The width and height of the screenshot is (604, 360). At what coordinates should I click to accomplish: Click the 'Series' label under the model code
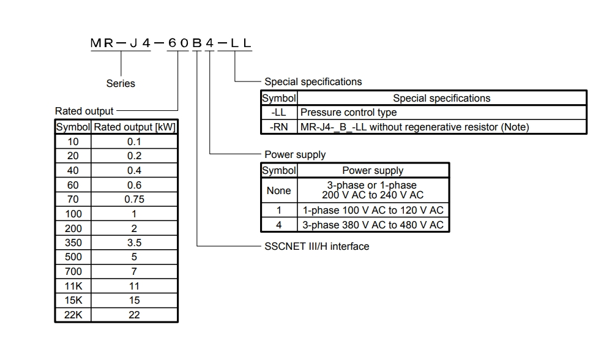(121, 83)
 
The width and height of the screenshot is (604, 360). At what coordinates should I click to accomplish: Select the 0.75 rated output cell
(134, 199)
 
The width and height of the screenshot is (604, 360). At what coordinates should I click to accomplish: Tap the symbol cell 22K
(73, 315)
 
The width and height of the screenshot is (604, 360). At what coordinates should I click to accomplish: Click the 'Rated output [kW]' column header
(135, 127)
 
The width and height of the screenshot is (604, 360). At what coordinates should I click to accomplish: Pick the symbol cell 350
(73, 242)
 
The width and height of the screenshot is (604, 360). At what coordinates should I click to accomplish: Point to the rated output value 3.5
(134, 242)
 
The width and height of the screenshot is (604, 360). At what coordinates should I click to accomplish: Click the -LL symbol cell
(279, 112)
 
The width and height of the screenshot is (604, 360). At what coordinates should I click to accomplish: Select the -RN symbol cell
(279, 127)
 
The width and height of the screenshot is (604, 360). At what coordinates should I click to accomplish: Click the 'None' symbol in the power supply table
(279, 190)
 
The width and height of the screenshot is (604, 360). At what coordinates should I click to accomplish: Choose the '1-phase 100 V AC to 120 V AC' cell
(373, 210)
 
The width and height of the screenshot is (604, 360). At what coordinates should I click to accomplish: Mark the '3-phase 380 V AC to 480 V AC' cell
(373, 225)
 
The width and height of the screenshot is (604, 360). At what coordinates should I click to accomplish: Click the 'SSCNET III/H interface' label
(316, 246)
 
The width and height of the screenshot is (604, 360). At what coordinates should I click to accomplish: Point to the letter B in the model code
(197, 43)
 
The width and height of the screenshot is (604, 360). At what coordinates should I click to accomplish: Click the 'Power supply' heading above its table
(295, 154)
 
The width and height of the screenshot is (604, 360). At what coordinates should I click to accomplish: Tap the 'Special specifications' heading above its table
(313, 81)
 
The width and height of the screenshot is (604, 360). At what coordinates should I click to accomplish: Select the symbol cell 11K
(73, 286)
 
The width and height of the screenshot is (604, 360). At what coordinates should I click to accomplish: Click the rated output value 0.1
(134, 141)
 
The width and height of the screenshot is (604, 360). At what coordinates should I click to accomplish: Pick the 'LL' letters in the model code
(240, 43)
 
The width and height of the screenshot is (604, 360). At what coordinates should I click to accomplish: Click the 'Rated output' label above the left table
(84, 111)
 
